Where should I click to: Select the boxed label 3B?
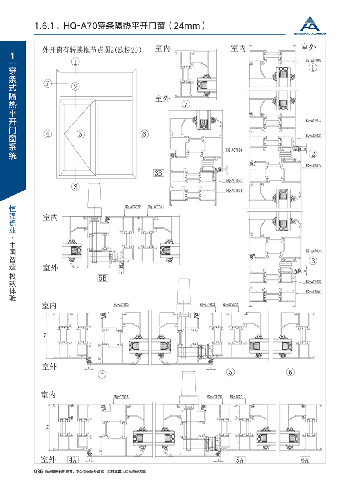(158, 173)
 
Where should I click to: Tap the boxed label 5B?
(103, 278)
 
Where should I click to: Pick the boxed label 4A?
(72, 460)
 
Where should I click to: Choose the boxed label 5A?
(240, 460)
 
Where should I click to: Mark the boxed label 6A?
(305, 460)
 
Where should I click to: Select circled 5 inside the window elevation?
(80, 134)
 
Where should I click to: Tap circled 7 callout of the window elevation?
(48, 83)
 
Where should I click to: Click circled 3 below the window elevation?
(75, 186)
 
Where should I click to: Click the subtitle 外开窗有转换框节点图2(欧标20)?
(91, 50)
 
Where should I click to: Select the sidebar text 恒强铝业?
(13, 219)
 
